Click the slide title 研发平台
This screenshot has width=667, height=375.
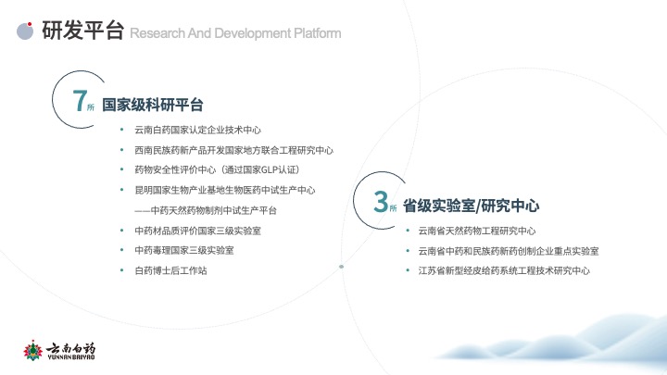pyautogui.click(x=83, y=31)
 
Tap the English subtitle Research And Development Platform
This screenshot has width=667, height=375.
pyautogui.click(x=235, y=33)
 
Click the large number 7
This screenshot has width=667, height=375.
pyautogui.click(x=80, y=101)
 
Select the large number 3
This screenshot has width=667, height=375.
pyautogui.click(x=381, y=201)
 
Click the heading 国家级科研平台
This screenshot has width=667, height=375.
pyautogui.click(x=153, y=105)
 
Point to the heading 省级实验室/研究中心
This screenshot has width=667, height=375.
pyautogui.click(x=471, y=206)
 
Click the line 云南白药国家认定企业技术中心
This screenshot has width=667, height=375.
pyautogui.click(x=198, y=130)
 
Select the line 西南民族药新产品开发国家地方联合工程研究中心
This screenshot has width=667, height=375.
pyautogui.click(x=234, y=150)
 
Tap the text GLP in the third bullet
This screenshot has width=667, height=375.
pyautogui.click(x=270, y=170)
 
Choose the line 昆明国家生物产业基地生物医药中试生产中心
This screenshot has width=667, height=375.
pyautogui.click(x=224, y=190)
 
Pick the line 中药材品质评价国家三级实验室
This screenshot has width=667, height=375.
pyautogui.click(x=198, y=231)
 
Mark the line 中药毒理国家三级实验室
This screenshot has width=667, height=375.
pyautogui.click(x=184, y=250)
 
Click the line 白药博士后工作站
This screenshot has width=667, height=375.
pyautogui.click(x=170, y=270)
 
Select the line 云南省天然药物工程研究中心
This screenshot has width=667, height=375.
pyautogui.click(x=477, y=231)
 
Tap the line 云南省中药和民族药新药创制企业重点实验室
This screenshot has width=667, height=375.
pyautogui.click(x=509, y=251)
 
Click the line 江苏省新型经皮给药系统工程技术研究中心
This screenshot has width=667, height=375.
pyautogui.click(x=504, y=270)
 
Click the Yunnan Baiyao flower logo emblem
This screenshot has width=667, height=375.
pyautogui.click(x=32, y=350)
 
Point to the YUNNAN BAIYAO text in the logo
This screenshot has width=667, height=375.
pyautogui.click(x=71, y=357)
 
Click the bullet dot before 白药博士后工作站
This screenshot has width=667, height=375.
pyautogui.click(x=122, y=270)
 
